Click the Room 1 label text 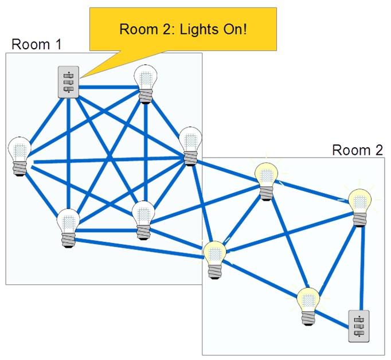point(37,45)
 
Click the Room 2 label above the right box point(357,150)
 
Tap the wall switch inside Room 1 point(69,82)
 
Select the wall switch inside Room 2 point(358,326)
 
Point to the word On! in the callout point(235,29)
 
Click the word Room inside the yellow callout point(139,29)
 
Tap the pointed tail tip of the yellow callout point(80,78)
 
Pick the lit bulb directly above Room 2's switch point(359,208)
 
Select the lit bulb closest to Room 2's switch point(308,306)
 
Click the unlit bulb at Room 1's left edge point(19,156)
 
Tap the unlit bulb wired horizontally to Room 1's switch point(146,84)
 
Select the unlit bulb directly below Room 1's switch point(68,228)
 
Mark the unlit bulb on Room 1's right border point(190,146)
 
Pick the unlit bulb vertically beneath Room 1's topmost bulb point(143,220)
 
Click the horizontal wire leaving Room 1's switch point(109,87)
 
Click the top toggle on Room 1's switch point(68,76)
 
